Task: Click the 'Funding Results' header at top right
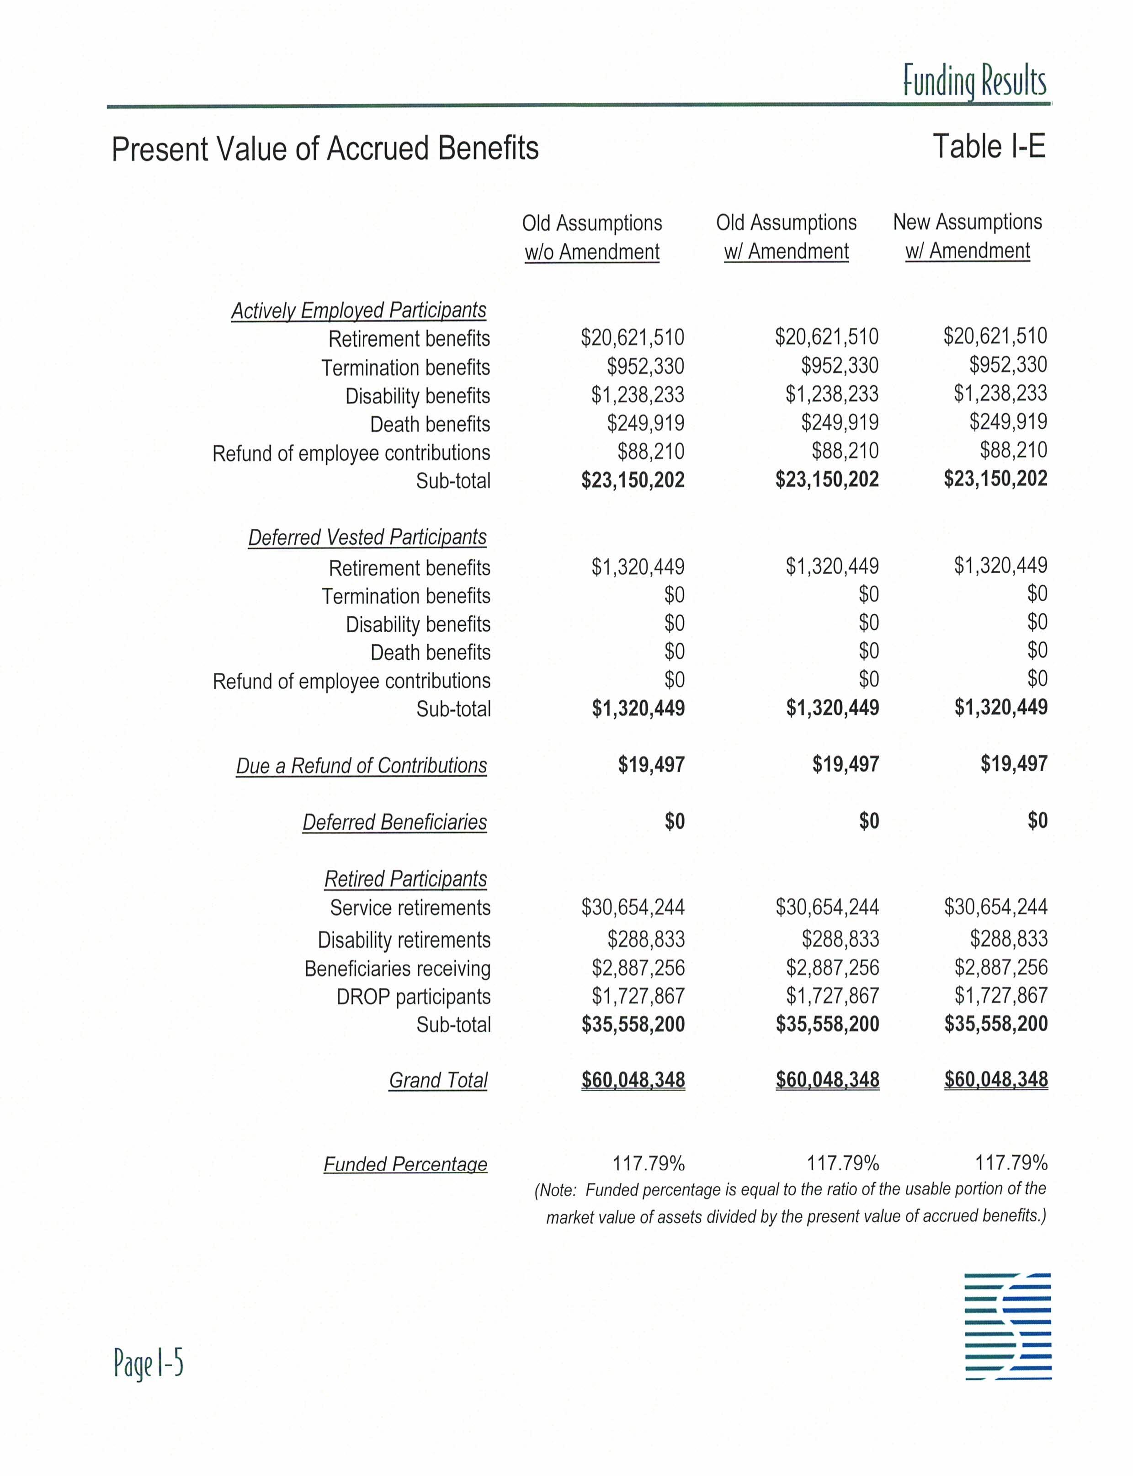click(974, 82)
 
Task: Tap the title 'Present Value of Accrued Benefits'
click(325, 149)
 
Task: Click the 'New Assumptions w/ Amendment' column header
click(967, 236)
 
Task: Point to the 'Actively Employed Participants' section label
click(358, 310)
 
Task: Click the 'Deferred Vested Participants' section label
click(367, 537)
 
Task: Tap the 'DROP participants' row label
click(414, 996)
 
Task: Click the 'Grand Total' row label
click(438, 1080)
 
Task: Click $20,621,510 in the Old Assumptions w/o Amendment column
click(632, 337)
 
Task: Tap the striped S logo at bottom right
click(1008, 1325)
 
